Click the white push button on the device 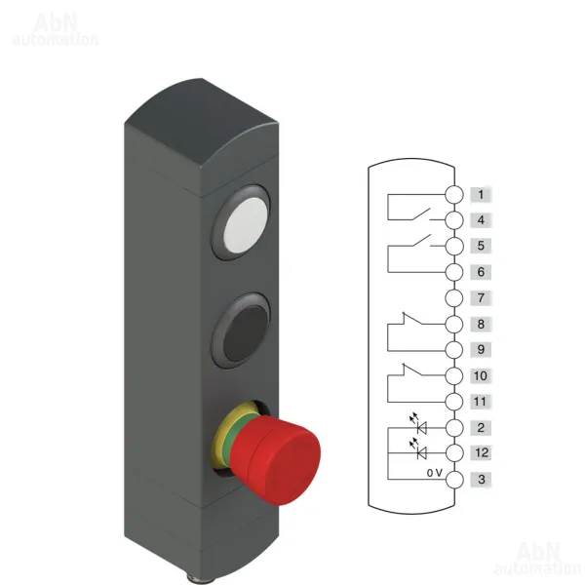pos(246,224)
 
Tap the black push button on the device pos(246,333)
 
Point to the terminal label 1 pos(481,194)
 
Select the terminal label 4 pos(481,220)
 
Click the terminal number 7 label pos(481,298)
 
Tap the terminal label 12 pos(481,453)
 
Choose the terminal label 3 pos(481,480)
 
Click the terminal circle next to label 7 pos(454,298)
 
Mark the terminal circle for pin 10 pos(454,375)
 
